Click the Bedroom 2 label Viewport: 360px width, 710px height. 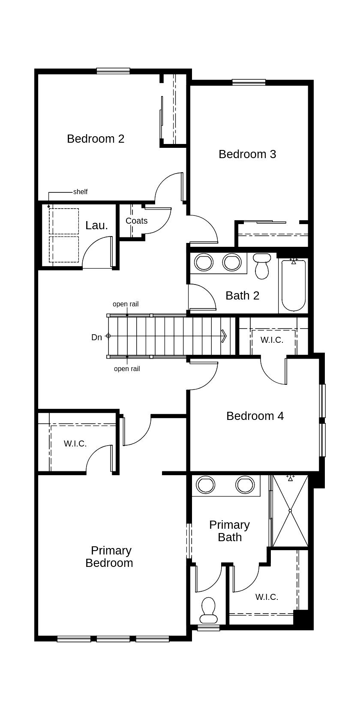click(96, 139)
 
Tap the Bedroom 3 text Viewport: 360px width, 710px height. click(247, 154)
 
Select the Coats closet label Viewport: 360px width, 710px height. click(136, 221)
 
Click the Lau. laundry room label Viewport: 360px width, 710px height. click(96, 225)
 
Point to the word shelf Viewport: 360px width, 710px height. click(80, 192)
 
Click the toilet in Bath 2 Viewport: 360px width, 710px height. click(262, 267)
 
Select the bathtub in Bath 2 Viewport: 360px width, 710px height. click(294, 285)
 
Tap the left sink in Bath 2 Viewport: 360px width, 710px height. click(204, 262)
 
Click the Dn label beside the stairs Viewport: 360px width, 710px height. click(97, 337)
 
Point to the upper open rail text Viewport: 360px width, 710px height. click(126, 304)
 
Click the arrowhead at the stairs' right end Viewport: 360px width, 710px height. click(224, 336)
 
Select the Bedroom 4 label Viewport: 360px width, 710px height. click(255, 416)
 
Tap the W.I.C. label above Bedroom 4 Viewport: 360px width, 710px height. click(272, 340)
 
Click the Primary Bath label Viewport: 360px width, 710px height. click(230, 531)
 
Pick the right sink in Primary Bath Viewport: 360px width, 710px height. click(245, 485)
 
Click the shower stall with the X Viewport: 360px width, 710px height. click(290, 511)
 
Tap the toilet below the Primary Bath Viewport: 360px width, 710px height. click(208, 611)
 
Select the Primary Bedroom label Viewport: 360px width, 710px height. click(110, 557)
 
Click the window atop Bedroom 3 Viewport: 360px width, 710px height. click(249, 82)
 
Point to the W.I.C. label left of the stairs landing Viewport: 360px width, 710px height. click(75, 443)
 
